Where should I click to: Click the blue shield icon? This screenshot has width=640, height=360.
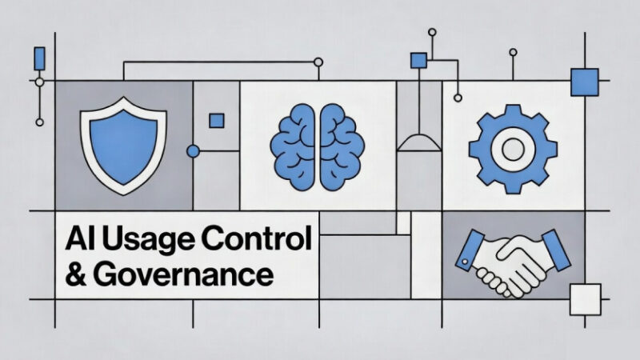[123, 146]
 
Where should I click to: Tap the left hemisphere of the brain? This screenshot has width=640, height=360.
[293, 146]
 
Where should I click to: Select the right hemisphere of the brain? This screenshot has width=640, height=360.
[342, 146]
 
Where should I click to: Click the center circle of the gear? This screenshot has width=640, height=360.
[513, 149]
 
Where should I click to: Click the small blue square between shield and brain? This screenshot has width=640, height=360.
[217, 121]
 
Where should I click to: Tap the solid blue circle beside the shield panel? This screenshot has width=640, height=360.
[193, 151]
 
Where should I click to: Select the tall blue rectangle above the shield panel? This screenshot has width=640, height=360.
[39, 58]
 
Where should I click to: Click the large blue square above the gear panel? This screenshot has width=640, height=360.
[585, 82]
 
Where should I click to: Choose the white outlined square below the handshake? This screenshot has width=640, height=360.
[586, 299]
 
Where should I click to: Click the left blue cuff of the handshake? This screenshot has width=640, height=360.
[470, 250]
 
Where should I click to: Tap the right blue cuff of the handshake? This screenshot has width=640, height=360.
[556, 250]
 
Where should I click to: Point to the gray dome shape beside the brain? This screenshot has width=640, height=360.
[419, 142]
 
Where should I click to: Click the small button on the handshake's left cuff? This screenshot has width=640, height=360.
[465, 262]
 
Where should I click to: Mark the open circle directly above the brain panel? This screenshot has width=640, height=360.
[318, 62]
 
